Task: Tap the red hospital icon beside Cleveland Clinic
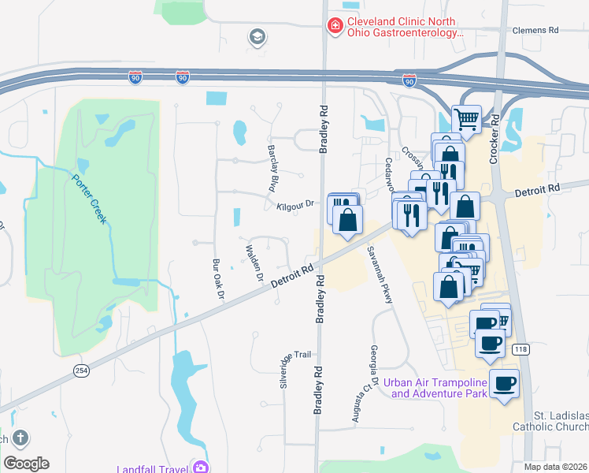(335, 26)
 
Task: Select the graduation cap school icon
(256, 36)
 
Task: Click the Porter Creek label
(89, 198)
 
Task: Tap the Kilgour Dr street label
(295, 205)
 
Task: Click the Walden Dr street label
(253, 263)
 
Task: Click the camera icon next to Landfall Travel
(201, 467)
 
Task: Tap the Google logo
(27, 464)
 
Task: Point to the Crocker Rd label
(495, 140)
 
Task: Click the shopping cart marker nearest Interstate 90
(466, 119)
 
